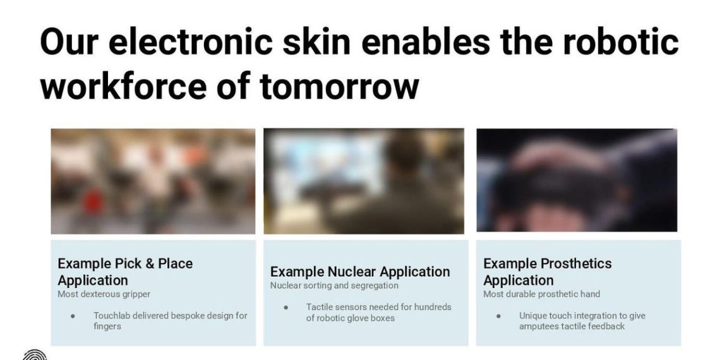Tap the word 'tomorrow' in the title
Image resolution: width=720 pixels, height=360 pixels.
tap(340, 87)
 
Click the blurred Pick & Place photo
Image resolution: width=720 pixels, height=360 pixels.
tap(153, 181)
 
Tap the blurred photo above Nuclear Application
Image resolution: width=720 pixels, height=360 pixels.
tap(364, 181)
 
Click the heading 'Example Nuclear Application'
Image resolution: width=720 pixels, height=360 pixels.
tap(360, 272)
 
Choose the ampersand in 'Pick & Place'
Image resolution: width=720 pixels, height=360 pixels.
tap(150, 263)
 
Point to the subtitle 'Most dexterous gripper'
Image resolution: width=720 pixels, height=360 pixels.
tap(104, 294)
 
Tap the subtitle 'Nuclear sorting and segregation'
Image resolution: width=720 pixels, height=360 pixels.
tap(334, 285)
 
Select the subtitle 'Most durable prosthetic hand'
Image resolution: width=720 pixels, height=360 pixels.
tap(541, 294)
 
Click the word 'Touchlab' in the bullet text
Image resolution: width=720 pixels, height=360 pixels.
tap(115, 315)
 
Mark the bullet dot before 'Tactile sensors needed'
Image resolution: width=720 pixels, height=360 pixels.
tap(285, 308)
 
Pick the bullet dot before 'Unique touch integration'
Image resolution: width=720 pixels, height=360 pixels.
tap(498, 316)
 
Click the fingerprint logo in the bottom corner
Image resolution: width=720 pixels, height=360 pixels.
tap(35, 355)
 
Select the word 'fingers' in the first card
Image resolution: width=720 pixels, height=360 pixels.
tap(107, 326)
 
